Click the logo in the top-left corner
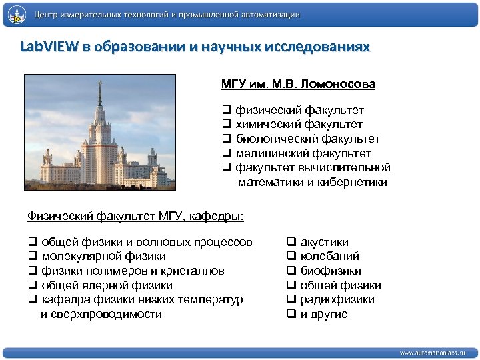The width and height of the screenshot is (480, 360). pos(16,14)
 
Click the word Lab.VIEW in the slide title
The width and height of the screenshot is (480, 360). pos(49,48)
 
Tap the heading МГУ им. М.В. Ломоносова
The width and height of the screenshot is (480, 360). pos(298,85)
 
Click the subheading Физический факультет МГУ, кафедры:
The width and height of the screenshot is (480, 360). pos(135,216)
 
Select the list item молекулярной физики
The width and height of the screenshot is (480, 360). pos(103,257)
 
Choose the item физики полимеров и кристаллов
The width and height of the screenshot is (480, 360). pos(132,271)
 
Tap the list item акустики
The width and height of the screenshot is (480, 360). pos(324,242)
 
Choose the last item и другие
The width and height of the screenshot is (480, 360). pos(323,314)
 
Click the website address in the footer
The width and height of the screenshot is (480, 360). pos(433,352)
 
